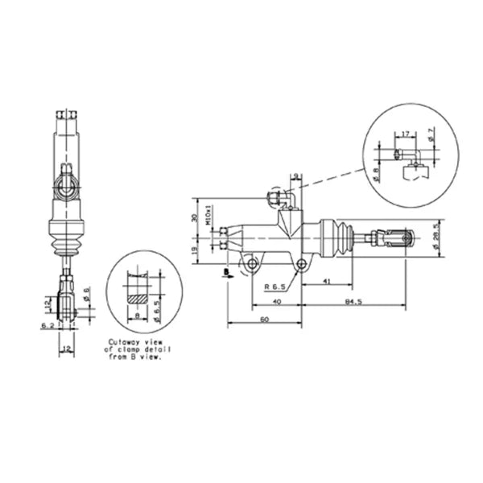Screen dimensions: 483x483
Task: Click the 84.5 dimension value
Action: (x=352, y=301)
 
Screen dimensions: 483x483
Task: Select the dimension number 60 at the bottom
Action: (x=265, y=320)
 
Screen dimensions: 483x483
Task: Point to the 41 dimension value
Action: (x=327, y=280)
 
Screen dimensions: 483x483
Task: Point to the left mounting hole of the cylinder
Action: (x=252, y=263)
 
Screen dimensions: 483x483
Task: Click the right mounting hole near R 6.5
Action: (x=301, y=263)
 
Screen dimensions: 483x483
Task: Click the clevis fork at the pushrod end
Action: (x=398, y=238)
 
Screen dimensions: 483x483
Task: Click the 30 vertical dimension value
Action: (x=193, y=217)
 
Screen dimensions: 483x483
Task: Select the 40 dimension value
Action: (x=276, y=301)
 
